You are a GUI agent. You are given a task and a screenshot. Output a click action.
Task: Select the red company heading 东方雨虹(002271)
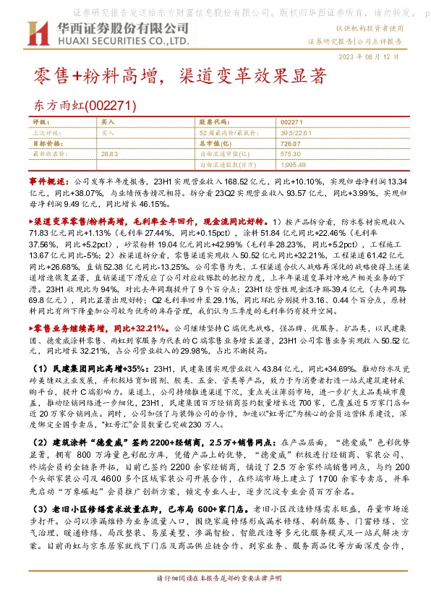85,106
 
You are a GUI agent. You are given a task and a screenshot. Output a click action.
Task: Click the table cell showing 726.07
290,143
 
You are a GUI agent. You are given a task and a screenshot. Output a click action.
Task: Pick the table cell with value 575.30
290,153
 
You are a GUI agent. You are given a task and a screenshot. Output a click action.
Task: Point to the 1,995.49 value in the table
292,164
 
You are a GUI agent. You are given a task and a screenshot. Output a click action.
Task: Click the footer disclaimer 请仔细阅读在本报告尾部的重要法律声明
215,600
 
